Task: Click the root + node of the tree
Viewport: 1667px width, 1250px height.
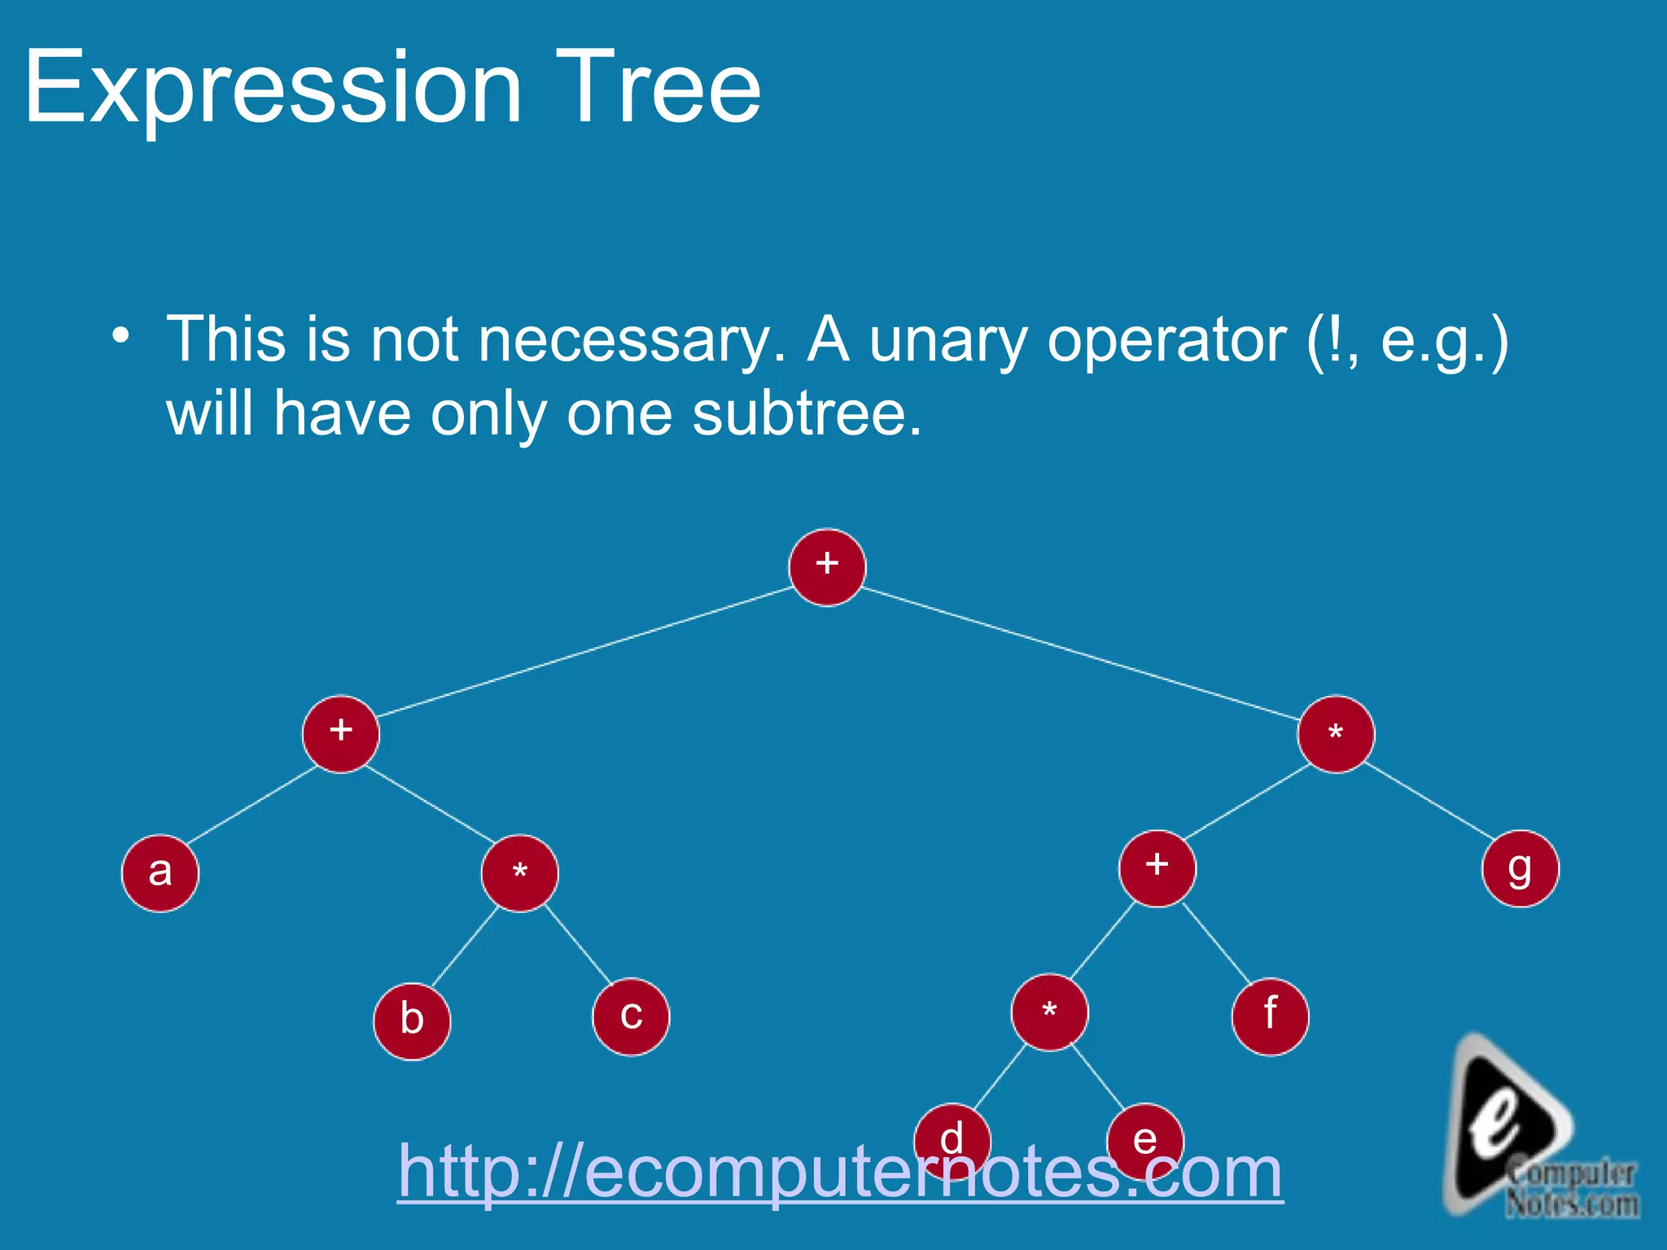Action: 827,567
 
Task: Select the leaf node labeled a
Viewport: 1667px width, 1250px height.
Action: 160,873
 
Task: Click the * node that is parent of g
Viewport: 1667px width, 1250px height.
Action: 1336,734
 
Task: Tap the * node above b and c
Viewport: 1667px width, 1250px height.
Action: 520,873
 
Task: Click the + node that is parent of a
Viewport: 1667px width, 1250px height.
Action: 341,734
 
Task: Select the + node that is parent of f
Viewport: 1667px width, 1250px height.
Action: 1157,868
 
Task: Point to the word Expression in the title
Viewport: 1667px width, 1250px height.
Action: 273,88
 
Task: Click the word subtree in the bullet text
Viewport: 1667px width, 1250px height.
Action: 806,413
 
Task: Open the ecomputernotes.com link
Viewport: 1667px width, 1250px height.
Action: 840,1172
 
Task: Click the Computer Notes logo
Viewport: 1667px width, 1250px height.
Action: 1530,1131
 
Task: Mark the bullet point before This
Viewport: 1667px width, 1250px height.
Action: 121,335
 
